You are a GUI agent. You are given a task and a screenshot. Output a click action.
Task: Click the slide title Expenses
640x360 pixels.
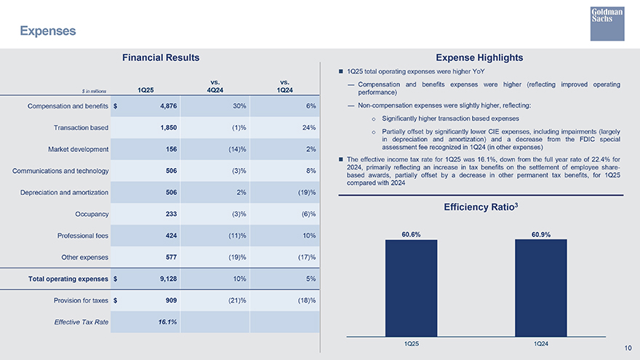[48, 31]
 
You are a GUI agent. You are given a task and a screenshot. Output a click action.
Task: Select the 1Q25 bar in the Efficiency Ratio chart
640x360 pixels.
[411, 288]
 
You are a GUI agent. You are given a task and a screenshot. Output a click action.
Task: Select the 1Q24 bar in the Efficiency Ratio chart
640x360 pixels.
[540, 288]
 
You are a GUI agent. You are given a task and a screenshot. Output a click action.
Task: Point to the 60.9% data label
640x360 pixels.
[540, 234]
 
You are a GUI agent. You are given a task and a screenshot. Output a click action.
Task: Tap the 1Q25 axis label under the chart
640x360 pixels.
[411, 343]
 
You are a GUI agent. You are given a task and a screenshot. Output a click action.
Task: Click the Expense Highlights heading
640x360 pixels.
[479, 57]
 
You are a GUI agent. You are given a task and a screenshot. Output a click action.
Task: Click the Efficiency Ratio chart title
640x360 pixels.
[479, 207]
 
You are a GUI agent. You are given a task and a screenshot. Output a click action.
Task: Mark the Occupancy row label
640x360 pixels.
[92, 215]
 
